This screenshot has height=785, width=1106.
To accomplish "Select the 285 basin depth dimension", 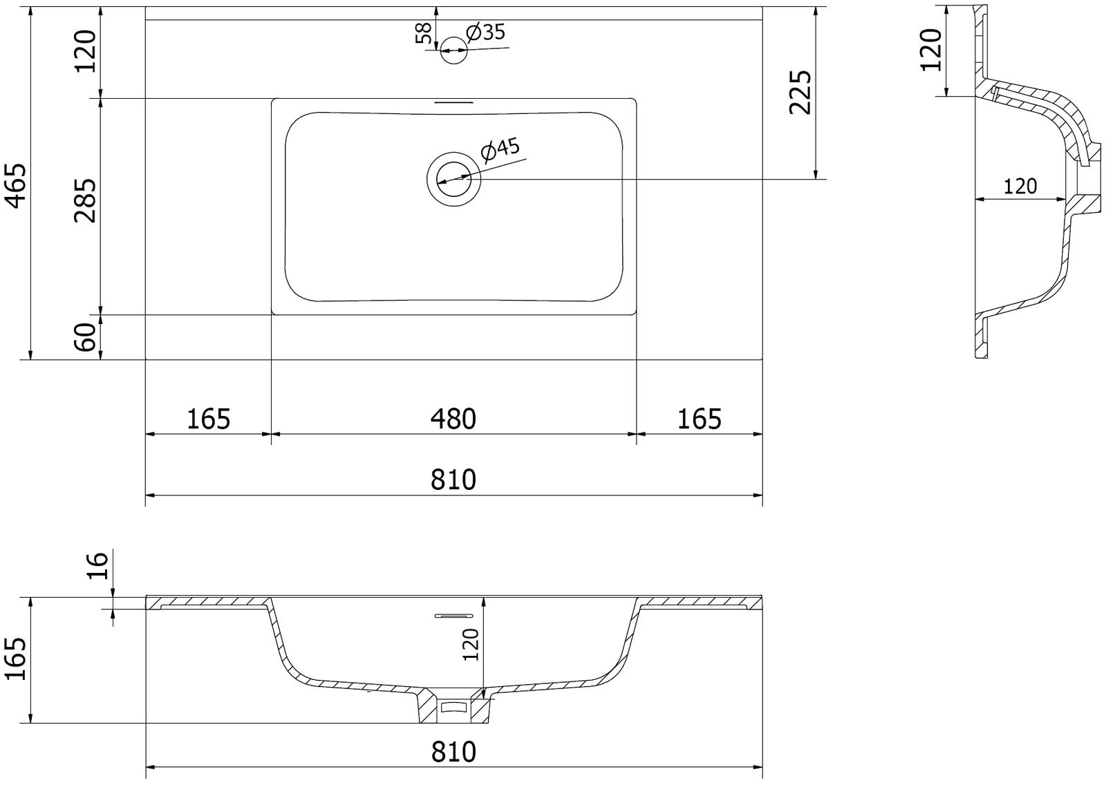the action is pyautogui.click(x=85, y=200).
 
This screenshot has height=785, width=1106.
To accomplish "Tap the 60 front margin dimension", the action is pyautogui.click(x=85, y=337).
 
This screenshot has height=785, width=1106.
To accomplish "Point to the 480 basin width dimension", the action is pyautogui.click(x=453, y=419).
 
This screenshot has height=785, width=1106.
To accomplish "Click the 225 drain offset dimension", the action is pyautogui.click(x=800, y=93).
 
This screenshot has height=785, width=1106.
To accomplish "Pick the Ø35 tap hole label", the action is pyautogui.click(x=486, y=32).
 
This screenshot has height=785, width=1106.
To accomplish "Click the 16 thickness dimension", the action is pyautogui.click(x=97, y=566).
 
